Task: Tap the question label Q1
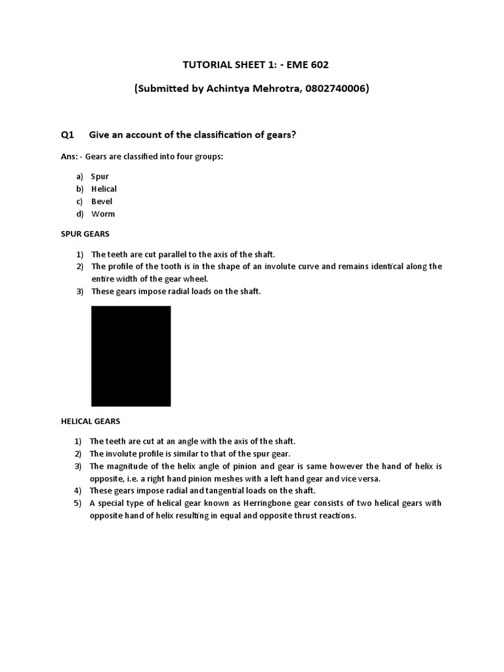(x=67, y=135)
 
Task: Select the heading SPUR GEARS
(x=82, y=234)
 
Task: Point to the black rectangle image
(x=131, y=356)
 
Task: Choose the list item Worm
(x=103, y=214)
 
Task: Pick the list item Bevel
(x=102, y=201)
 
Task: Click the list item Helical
(x=104, y=189)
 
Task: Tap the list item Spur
(x=100, y=177)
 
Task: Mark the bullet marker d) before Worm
(x=79, y=214)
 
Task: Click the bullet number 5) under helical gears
(x=77, y=503)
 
